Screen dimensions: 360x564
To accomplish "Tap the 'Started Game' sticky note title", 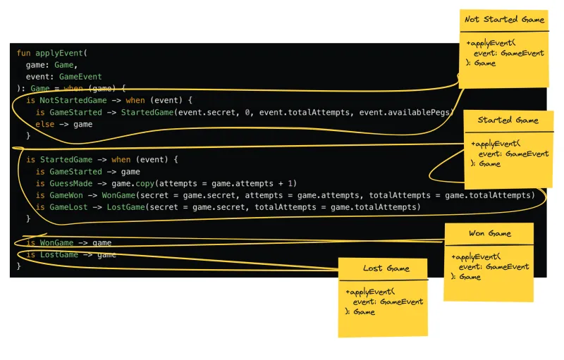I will [x=508, y=120].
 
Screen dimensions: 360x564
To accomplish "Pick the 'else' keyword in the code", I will [x=44, y=124].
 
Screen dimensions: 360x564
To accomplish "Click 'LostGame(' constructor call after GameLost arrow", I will [x=126, y=207].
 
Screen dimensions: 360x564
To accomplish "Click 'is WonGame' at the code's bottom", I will [x=49, y=242].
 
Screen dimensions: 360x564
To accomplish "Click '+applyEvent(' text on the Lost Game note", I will [x=370, y=292].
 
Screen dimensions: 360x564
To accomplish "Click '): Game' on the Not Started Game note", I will [x=481, y=63].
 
